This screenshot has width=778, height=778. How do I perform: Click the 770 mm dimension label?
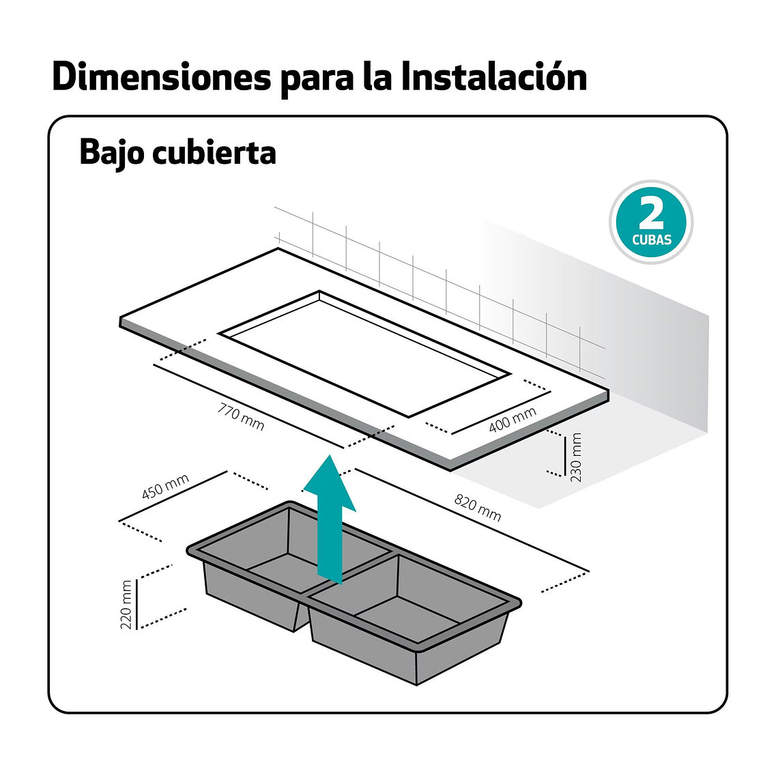click(241, 417)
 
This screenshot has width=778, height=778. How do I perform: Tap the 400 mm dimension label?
click(513, 420)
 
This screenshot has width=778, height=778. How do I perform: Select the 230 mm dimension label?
click(576, 457)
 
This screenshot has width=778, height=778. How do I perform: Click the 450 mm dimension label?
click(165, 486)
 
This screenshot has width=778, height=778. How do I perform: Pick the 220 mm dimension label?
click(126, 605)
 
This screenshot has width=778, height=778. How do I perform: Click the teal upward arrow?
click(330, 519)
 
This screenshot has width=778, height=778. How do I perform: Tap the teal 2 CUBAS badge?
click(651, 222)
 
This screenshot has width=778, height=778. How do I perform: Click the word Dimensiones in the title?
click(162, 77)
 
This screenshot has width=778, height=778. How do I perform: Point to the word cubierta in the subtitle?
click(214, 152)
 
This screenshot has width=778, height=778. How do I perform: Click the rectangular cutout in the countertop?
click(365, 354)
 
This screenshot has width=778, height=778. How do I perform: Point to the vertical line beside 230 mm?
click(564, 456)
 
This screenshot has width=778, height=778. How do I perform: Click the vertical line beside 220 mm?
click(136, 604)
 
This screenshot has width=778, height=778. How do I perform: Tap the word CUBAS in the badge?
click(652, 240)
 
